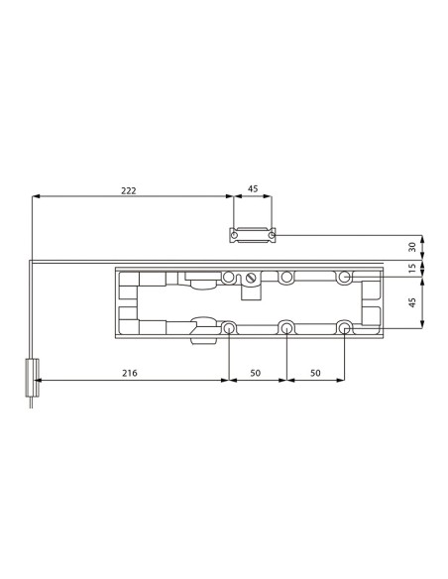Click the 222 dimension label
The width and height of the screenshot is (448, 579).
[x=129, y=189]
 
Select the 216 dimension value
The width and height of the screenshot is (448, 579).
[x=129, y=373]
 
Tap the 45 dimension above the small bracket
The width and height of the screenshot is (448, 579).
[x=253, y=189]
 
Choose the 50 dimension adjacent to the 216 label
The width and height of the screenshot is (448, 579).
[x=257, y=373]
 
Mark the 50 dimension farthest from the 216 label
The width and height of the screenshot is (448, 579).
[x=315, y=373]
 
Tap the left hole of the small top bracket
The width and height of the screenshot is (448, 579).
[x=235, y=235]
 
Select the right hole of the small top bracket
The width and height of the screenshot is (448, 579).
[x=271, y=235]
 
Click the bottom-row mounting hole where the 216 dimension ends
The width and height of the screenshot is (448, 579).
[x=229, y=327]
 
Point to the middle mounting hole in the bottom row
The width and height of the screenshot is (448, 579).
[x=286, y=327]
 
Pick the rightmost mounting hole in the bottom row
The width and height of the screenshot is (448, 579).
[x=344, y=327]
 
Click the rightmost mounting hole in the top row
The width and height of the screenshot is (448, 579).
[x=344, y=278]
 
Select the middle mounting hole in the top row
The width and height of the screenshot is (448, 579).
[x=286, y=278]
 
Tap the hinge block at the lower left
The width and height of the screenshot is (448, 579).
[x=31, y=378]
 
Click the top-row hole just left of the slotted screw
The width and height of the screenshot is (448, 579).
[x=229, y=278]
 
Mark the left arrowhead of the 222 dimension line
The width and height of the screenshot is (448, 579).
[x=37, y=196]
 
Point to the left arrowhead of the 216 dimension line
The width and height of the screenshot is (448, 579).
[x=43, y=380]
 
